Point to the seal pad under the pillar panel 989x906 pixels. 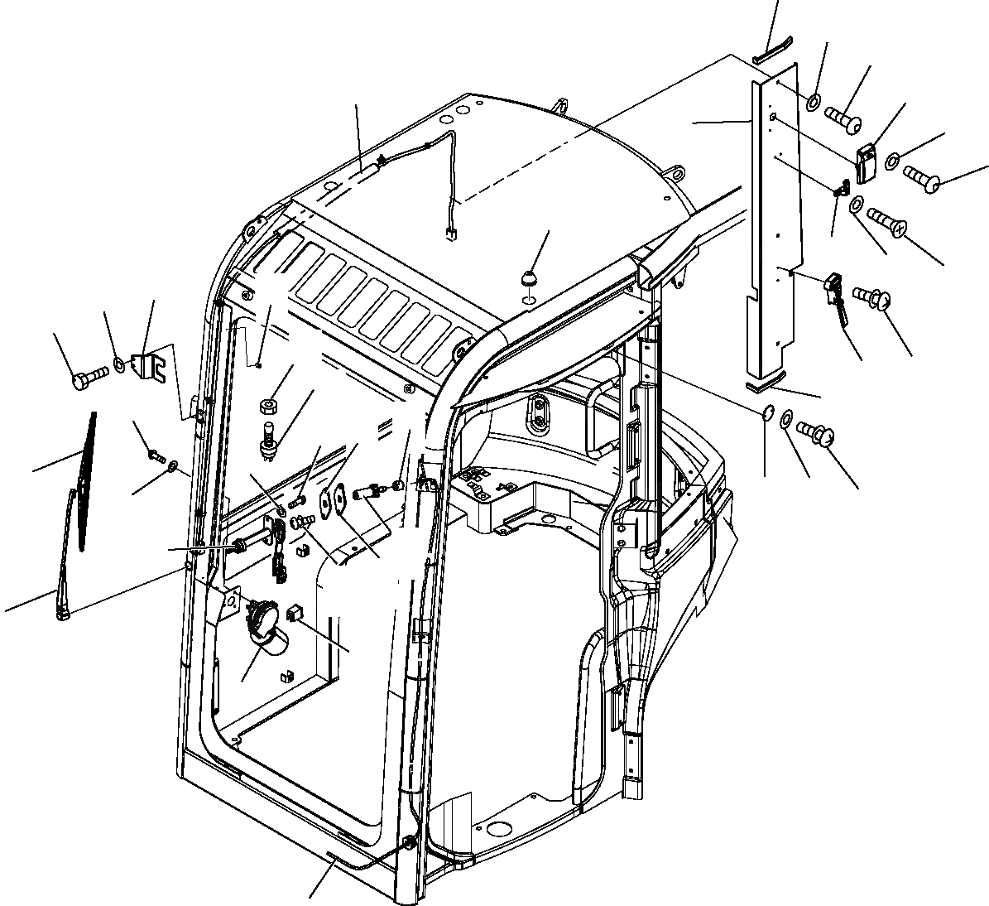(761, 385)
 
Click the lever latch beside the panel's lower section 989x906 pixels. (834, 296)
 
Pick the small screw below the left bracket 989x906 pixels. (155, 453)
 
